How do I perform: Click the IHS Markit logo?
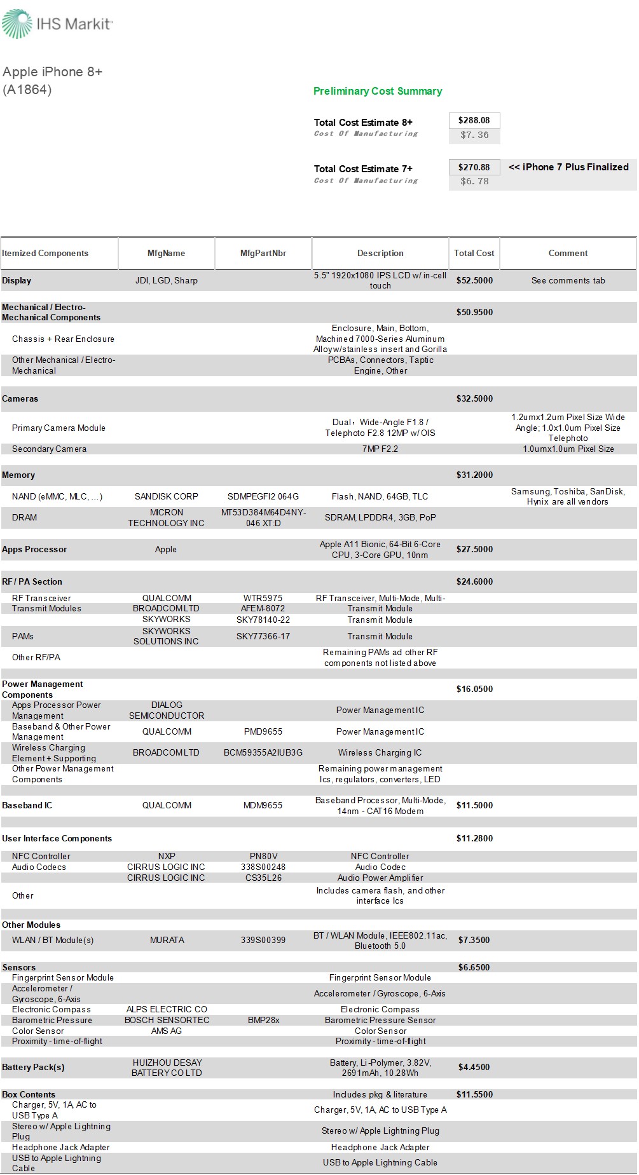(57, 24)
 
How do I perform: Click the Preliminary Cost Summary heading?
(378, 91)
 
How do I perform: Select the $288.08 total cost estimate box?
(474, 120)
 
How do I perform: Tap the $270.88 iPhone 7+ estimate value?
(474, 167)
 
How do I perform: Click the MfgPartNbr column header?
(263, 253)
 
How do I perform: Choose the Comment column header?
(568, 253)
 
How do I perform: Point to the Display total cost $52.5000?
(474, 280)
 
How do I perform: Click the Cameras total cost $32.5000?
(474, 398)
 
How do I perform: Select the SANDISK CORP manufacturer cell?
(167, 496)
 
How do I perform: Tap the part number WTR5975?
(263, 598)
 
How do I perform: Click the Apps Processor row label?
(34, 549)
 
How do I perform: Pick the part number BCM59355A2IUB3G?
(263, 752)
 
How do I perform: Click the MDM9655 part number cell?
(263, 805)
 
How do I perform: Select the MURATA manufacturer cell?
(167, 940)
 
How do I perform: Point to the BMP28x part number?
(263, 1020)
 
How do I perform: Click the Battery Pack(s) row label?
(33, 1067)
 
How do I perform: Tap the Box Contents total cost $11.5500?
(474, 1094)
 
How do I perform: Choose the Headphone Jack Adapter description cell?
(380, 1147)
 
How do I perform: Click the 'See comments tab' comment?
(568, 280)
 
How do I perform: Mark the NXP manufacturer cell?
(167, 856)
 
